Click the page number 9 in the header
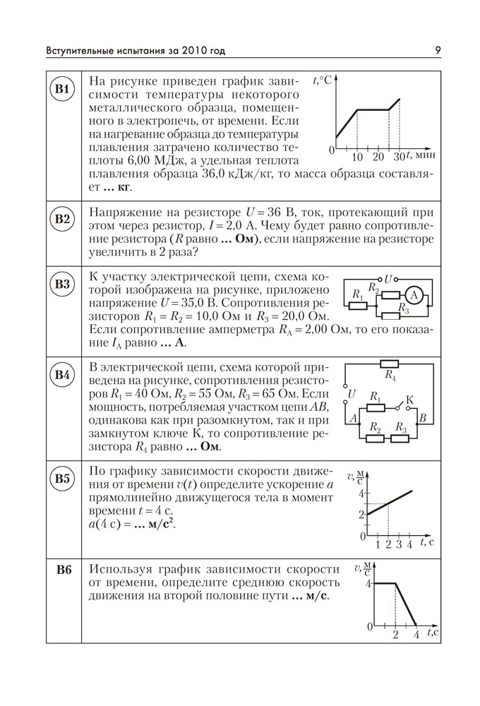coord(438,50)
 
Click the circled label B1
coord(64,90)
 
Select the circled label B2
coord(64,219)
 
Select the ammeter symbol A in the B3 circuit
coord(416,294)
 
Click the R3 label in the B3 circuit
coord(403,309)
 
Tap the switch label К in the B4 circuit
coord(410,400)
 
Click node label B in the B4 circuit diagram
coord(422,419)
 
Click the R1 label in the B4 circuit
coord(376,397)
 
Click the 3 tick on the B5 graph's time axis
coord(399,544)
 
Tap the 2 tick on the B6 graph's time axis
coord(395,634)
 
